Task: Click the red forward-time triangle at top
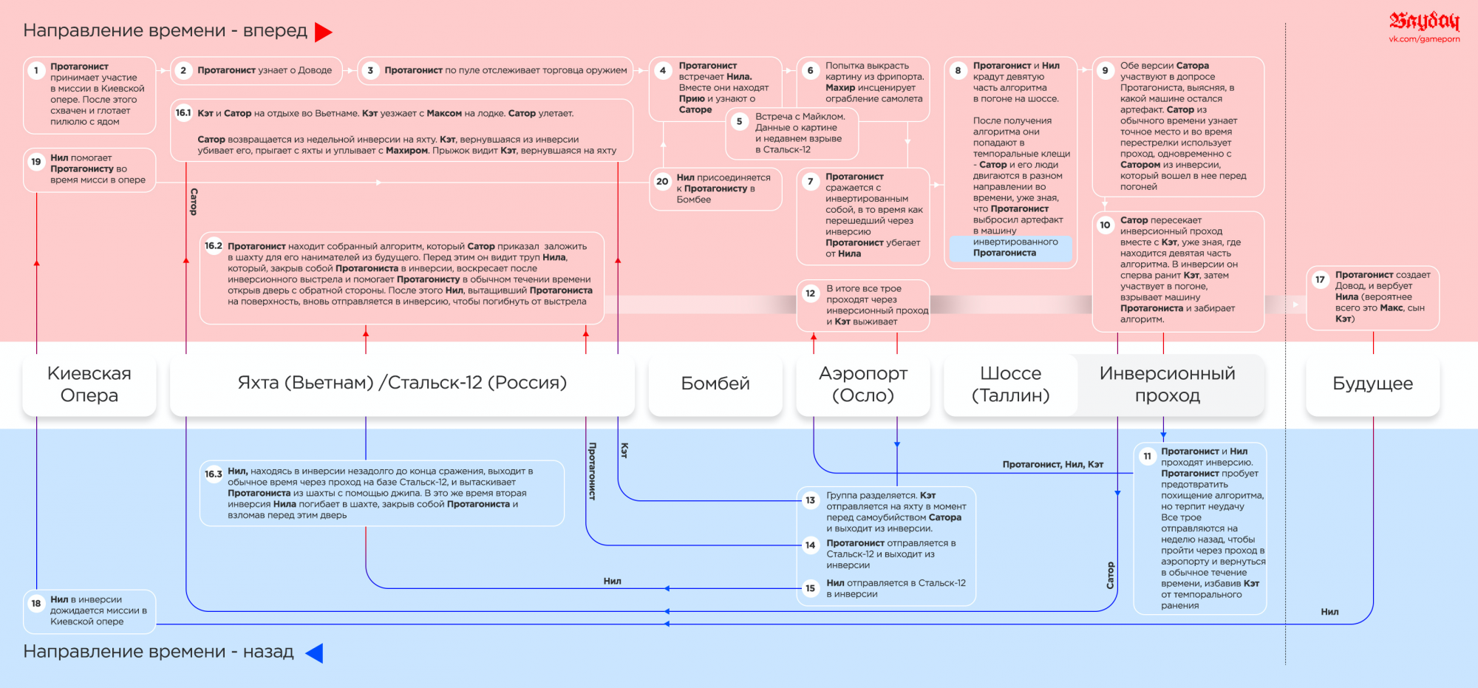coord(323,32)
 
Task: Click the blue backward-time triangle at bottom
coord(314,653)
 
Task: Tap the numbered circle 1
coord(35,71)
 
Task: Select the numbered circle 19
coord(35,162)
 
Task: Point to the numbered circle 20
coord(662,181)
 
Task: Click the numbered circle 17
coord(1320,279)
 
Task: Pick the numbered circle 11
coord(1147,456)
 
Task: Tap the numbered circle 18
coord(35,603)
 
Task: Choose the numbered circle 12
coord(811,293)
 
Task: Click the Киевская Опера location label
coord(89,384)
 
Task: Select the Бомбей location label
coord(715,384)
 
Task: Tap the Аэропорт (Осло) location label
coord(863,384)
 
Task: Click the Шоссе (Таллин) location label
coord(1010,384)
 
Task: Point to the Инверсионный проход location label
coord(1167,384)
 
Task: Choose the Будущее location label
coord(1372,384)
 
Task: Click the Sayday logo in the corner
coord(1424,21)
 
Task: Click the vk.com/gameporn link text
coord(1424,39)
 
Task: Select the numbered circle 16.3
coord(214,474)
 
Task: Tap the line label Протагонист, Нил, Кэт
coord(1052,464)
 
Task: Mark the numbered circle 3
coord(370,71)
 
